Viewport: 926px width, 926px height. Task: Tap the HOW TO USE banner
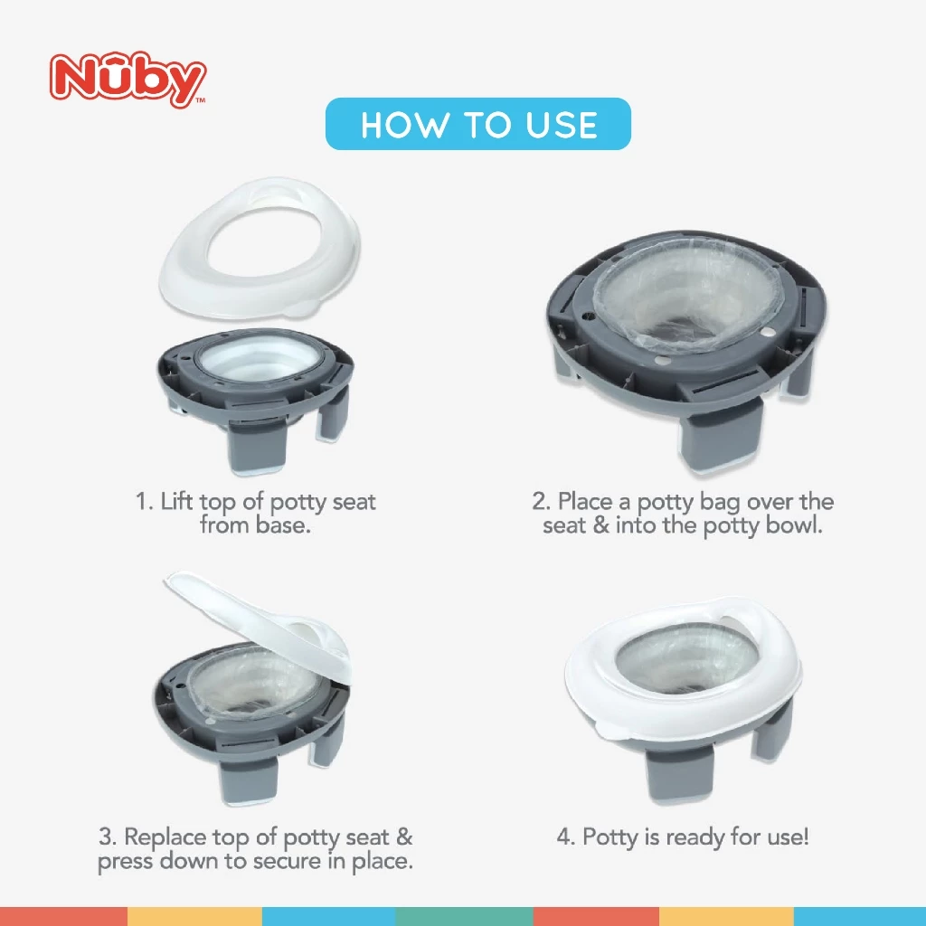point(477,124)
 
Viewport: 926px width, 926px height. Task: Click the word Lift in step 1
point(176,502)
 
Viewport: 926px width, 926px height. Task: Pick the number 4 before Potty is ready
point(564,837)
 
